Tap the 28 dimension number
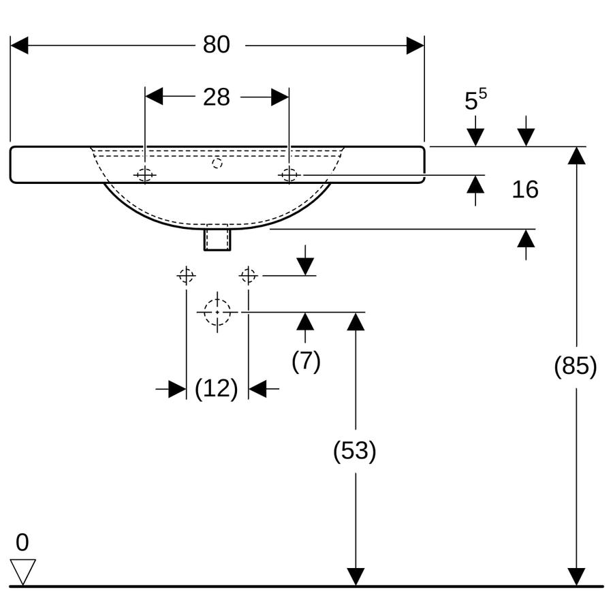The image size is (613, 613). (216, 97)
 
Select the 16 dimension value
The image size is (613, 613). (525, 189)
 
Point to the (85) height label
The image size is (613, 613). (576, 366)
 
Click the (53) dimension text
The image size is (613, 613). (355, 451)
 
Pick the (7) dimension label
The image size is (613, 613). (306, 361)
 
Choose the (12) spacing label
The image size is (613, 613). (216, 389)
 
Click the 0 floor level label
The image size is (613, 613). (22, 542)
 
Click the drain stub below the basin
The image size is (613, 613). (217, 239)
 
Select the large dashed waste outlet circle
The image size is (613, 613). (217, 313)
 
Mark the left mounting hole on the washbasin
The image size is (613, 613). (145, 175)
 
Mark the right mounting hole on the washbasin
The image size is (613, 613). (289, 175)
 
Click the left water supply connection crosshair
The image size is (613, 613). (186, 276)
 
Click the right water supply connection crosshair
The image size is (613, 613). (248, 276)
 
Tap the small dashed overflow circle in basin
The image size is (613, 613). (217, 163)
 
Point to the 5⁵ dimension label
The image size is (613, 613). (475, 99)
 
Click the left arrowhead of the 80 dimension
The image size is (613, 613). (19, 46)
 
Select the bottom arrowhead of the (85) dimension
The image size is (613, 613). (576, 577)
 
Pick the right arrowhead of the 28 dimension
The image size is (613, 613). (281, 97)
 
